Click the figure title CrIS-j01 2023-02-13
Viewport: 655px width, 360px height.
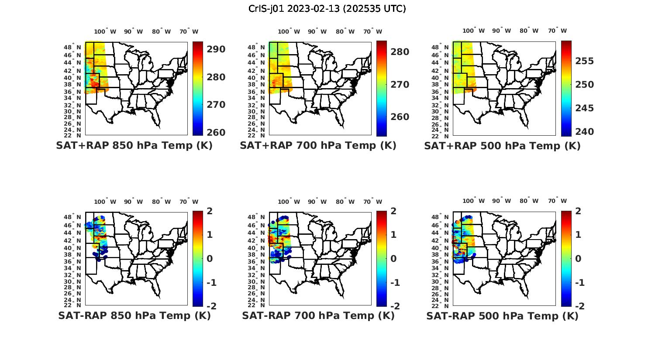tap(327, 9)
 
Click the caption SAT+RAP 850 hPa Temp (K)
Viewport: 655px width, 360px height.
tap(134, 146)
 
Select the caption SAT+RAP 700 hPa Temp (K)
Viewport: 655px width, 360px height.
tap(318, 146)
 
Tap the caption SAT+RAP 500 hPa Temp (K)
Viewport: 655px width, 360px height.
tap(502, 146)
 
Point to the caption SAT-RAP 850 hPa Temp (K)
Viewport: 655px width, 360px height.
tap(134, 316)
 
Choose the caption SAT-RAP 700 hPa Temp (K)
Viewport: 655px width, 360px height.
tap(318, 316)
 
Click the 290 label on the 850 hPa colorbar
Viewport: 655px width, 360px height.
tap(216, 49)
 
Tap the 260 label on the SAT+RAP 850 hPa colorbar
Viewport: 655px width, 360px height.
tap(216, 132)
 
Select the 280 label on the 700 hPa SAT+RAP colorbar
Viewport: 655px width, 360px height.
tap(400, 52)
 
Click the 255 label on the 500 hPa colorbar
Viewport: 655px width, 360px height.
tap(584, 61)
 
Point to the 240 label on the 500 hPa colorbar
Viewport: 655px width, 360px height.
tap(584, 131)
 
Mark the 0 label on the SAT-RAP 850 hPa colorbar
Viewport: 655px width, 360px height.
tap(209, 258)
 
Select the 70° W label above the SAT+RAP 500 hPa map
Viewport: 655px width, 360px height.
tap(558, 31)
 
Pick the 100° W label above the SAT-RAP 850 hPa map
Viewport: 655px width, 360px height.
tap(105, 202)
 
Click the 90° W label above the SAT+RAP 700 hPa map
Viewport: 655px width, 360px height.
tap(317, 31)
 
